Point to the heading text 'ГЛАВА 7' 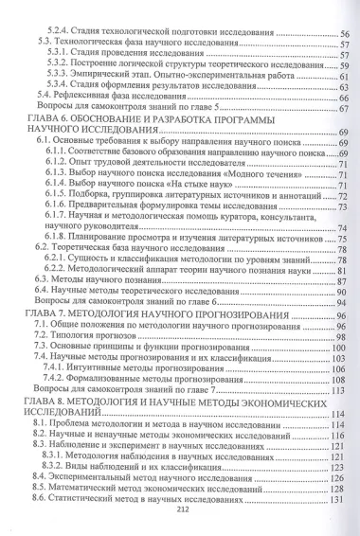point(49,312)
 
